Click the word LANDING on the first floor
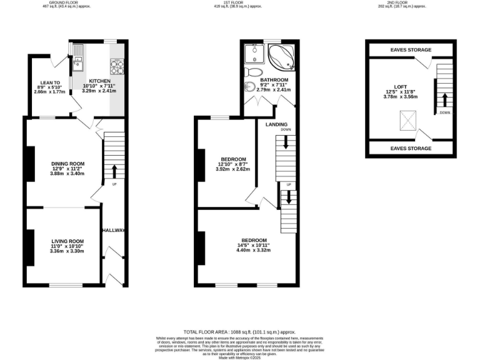pyautogui.click(x=276, y=124)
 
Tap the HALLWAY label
pyautogui.click(x=114, y=231)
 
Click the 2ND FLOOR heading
pyautogui.click(x=402, y=2)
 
